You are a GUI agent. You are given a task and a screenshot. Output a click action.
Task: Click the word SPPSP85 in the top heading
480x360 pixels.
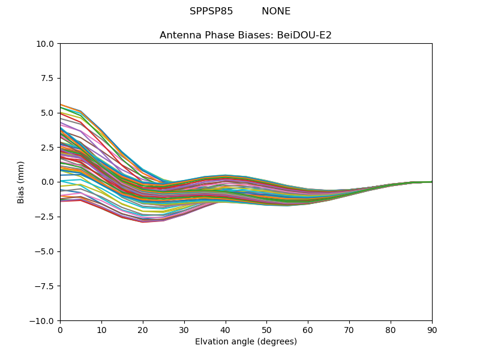point(211,11)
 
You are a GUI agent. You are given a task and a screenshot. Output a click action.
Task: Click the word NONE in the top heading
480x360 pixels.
point(276,11)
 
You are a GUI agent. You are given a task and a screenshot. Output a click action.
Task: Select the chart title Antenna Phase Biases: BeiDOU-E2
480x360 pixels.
point(245,35)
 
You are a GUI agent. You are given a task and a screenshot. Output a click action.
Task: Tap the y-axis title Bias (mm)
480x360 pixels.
point(21,182)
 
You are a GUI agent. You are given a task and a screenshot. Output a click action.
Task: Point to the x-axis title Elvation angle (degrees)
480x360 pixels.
point(246,342)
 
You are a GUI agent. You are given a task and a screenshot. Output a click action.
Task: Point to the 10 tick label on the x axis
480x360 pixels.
point(101,329)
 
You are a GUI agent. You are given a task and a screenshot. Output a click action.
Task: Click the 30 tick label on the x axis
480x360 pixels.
point(184,329)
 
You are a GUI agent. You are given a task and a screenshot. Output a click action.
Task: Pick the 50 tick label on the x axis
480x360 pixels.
point(266,329)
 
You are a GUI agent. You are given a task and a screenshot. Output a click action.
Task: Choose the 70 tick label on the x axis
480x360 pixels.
point(349,329)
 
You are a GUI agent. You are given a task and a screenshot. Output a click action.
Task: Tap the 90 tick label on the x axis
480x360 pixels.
point(432,329)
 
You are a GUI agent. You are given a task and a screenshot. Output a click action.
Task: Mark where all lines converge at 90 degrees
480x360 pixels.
point(431,182)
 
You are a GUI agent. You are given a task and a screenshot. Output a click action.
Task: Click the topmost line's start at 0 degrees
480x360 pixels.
point(61,104)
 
